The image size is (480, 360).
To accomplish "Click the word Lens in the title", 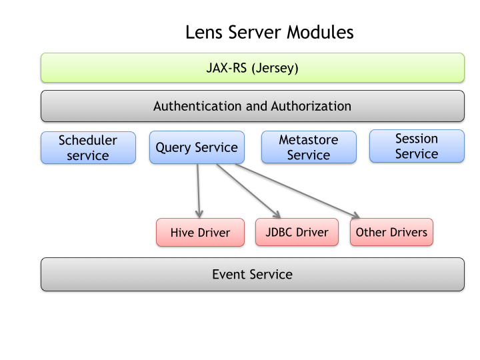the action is coord(203,32).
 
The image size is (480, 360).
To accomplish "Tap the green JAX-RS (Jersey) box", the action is coord(253,67).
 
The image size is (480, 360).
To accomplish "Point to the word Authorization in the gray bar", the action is coord(311,106).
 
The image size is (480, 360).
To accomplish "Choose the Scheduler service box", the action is coord(88,148).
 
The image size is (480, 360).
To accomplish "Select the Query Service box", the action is coord(197,147).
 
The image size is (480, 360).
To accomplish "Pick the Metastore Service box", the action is coord(309,147).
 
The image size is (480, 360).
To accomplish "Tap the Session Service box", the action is coord(417,146).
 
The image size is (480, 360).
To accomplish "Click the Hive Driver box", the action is coord(200,233).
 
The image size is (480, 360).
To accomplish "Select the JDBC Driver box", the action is coord(297,232).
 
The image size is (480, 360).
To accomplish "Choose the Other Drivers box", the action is coord(391,232).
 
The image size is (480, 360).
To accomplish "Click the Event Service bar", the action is coord(253,274).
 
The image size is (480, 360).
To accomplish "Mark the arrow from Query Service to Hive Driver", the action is coord(199,191).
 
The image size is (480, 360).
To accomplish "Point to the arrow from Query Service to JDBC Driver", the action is coord(249,191).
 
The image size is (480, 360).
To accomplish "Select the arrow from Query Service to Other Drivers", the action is coord(297,191).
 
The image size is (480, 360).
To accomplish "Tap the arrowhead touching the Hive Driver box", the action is coord(199,214).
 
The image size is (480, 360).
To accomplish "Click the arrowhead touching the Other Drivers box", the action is coord(356,215).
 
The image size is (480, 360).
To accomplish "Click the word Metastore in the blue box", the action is coord(309,140).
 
